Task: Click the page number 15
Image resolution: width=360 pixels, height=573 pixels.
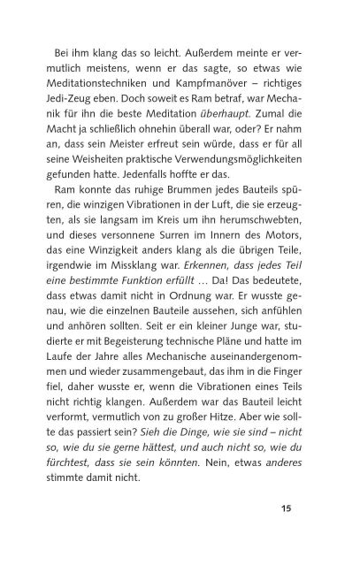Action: pos(311,532)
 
